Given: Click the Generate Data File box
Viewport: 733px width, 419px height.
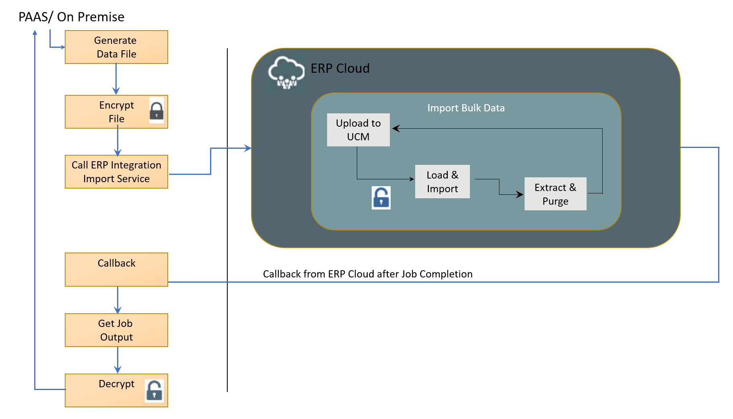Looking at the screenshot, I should [116, 47].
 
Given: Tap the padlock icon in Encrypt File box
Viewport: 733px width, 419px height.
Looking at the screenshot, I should [156, 111].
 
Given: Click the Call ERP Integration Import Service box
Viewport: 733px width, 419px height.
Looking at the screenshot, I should [116, 172].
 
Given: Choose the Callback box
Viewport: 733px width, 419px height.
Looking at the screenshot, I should [116, 269].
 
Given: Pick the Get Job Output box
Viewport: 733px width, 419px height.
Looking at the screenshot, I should [116, 330].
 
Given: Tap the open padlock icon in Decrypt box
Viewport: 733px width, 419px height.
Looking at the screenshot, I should [154, 390].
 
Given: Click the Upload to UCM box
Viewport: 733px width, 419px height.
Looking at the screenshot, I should [358, 130].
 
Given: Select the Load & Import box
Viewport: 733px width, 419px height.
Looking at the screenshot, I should [442, 182].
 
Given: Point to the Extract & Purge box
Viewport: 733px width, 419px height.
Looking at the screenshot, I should [555, 194].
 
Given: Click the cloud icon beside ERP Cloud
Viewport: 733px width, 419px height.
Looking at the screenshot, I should [286, 73].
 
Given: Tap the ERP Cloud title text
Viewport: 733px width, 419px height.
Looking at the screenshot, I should [340, 68].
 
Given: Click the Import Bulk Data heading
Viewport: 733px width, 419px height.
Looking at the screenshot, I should [465, 108].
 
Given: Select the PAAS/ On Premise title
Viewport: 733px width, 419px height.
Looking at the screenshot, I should [71, 17].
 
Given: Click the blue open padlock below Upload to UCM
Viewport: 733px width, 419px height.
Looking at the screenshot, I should [381, 197].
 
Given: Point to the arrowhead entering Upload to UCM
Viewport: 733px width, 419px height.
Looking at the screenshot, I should [395, 128].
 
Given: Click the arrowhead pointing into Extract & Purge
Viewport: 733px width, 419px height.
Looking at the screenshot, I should [520, 195].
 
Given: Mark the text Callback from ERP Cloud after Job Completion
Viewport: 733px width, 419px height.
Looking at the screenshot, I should [367, 274].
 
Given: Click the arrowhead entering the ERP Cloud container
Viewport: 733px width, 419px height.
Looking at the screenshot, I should [248, 148].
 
